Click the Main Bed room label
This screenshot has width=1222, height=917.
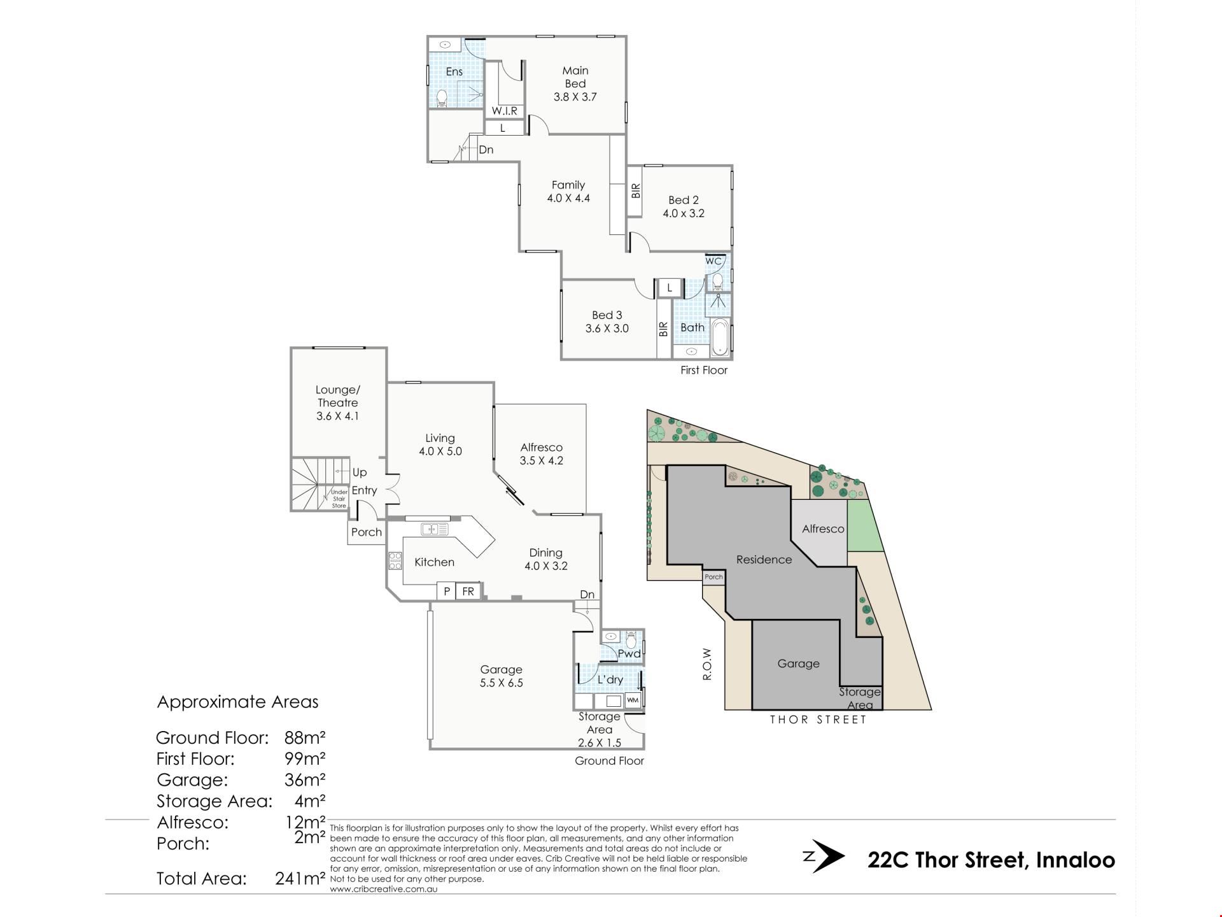[575, 83]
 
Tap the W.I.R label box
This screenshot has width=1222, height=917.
[505, 111]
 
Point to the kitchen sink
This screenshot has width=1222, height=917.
[435, 529]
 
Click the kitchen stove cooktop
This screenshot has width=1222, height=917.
[395, 561]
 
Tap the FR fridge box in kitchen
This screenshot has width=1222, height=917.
[468, 592]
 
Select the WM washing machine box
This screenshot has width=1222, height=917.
[633, 700]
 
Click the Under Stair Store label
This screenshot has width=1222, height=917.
[339, 499]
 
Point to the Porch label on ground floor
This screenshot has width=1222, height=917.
[367, 532]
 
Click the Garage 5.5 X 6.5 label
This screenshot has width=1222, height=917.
[501, 676]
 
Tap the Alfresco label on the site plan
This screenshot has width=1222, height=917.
[823, 529]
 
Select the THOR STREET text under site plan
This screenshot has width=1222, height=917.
[818, 720]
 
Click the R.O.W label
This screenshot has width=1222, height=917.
[706, 664]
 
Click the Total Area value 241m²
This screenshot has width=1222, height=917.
[300, 879]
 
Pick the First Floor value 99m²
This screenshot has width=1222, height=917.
[305, 758]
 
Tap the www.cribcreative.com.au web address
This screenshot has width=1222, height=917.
[384, 889]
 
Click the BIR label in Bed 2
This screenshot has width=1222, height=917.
[635, 191]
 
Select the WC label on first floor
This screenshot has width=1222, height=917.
[713, 261]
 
